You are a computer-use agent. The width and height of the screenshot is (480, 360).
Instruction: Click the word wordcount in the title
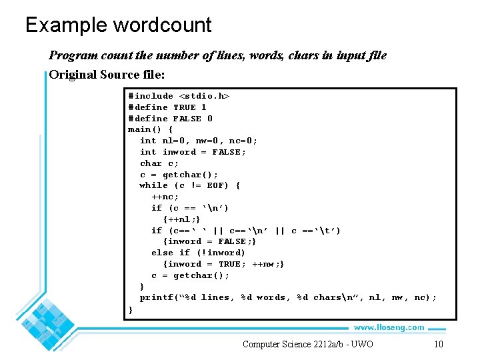[x=162, y=25]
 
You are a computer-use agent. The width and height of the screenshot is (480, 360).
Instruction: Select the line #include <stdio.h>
[x=179, y=96]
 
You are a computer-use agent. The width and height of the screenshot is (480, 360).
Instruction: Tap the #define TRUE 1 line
[x=167, y=107]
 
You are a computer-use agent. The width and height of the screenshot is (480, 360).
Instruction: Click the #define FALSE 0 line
[x=170, y=119]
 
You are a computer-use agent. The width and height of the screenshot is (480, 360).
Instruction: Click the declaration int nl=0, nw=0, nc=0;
[x=199, y=141]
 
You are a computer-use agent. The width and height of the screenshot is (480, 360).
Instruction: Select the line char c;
[x=159, y=163]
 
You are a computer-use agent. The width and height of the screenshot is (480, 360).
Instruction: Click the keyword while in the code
[x=153, y=185]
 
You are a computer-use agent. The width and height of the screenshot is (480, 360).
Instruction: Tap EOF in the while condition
[x=215, y=185]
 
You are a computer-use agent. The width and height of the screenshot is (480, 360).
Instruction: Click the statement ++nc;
[x=165, y=197]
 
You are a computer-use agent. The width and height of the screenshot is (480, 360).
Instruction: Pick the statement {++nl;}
[x=181, y=219]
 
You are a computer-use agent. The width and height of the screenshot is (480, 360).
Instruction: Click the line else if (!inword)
[x=198, y=253]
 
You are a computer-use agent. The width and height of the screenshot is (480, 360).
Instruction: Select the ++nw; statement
[x=268, y=264]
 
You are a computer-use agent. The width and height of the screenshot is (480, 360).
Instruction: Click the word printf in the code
[x=156, y=297]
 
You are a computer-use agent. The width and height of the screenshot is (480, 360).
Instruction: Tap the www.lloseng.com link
[x=389, y=327]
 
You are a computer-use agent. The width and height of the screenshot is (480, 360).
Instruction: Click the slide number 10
[x=438, y=344]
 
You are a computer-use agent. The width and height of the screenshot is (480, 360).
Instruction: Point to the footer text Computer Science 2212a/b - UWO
[x=307, y=344]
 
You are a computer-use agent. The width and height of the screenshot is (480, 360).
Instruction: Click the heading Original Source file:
[x=107, y=74]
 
